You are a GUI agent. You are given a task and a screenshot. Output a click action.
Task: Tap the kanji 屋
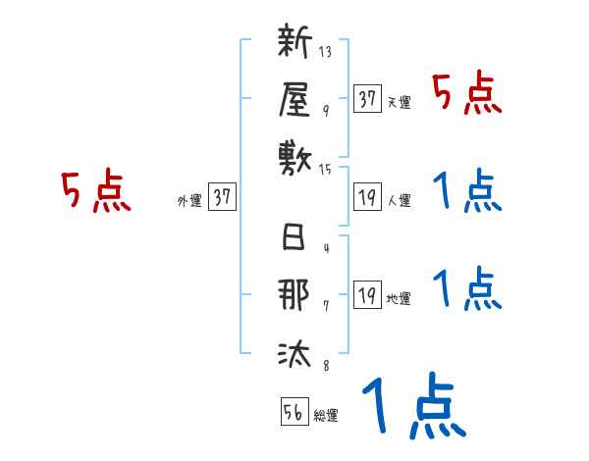(295, 98)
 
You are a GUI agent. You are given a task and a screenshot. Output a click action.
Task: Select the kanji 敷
(295, 155)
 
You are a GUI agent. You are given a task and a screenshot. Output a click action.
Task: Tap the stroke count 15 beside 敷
(326, 169)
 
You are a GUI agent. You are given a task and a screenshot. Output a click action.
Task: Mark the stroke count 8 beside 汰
(326, 367)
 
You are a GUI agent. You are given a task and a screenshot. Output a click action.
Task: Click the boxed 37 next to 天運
(368, 98)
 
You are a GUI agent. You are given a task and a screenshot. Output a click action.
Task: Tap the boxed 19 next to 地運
(368, 295)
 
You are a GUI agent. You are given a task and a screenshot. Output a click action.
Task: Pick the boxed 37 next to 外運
(222, 197)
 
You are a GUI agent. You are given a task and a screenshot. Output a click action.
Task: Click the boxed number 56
(294, 412)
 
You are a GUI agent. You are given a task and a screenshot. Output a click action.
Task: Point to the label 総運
(326, 416)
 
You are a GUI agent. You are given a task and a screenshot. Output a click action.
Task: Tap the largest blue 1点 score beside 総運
(411, 407)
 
